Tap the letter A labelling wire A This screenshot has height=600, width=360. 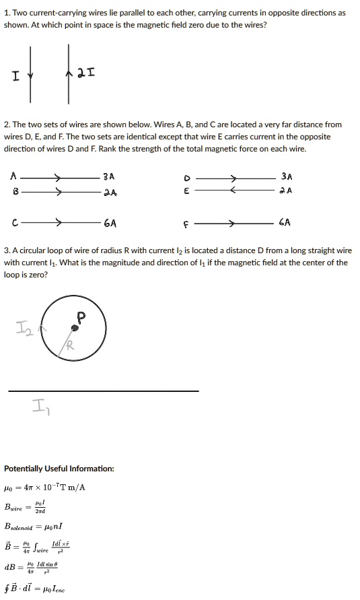click(x=13, y=176)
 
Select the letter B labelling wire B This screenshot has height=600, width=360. click(x=13, y=191)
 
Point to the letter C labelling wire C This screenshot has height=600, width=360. click(x=13, y=222)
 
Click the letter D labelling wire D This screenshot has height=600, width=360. click(x=188, y=178)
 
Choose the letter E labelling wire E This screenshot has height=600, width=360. click(x=188, y=191)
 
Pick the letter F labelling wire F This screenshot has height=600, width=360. click(x=188, y=222)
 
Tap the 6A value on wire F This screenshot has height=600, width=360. click(x=285, y=222)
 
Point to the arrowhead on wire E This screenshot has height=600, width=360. click(x=233, y=191)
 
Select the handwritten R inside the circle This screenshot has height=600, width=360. click(x=69, y=346)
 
